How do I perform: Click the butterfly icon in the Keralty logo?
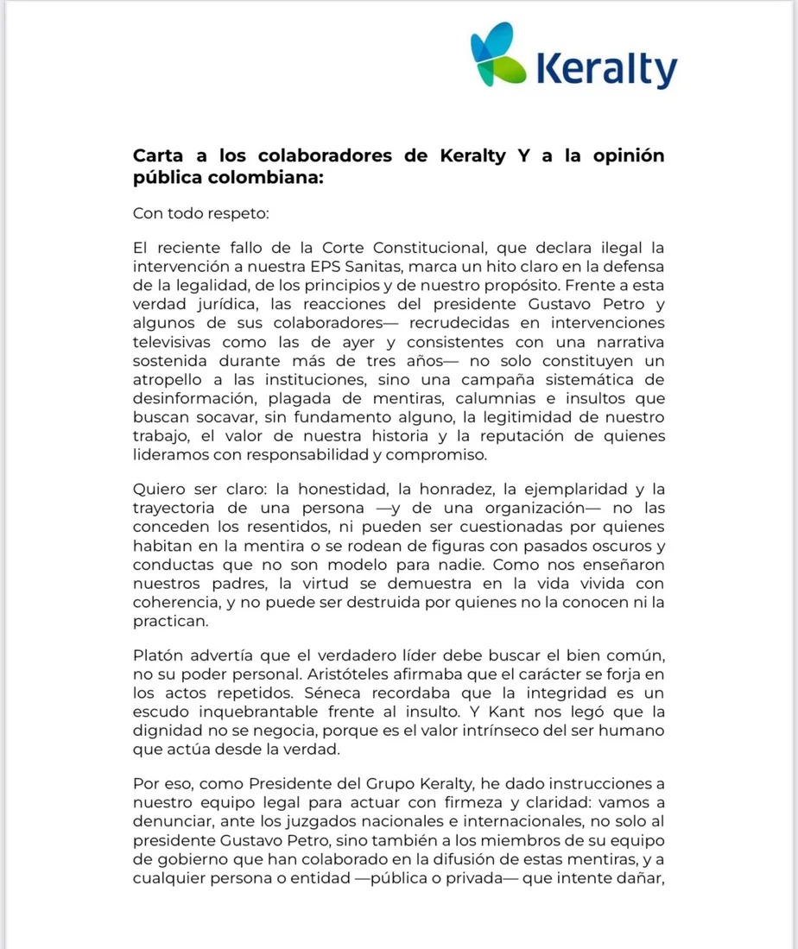pyautogui.click(x=500, y=57)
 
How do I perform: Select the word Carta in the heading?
pyautogui.click(x=158, y=156)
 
